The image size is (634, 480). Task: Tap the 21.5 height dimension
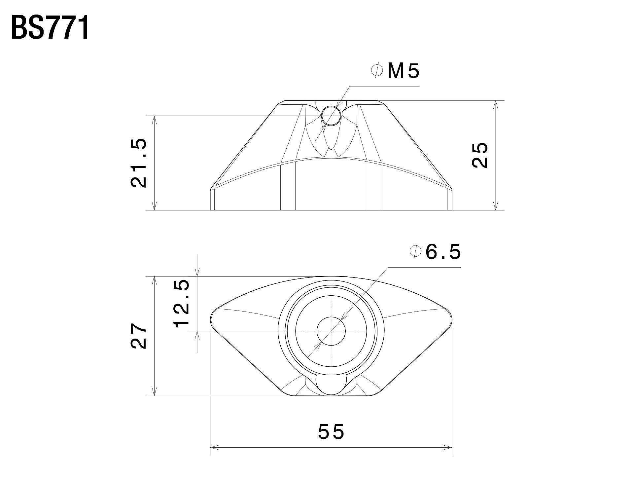[139, 163]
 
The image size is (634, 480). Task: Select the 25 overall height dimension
[480, 155]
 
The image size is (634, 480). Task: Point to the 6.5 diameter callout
[443, 252]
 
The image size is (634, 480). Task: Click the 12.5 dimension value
[182, 303]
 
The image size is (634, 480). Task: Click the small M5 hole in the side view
[331, 116]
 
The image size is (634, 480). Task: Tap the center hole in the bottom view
[331, 331]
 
